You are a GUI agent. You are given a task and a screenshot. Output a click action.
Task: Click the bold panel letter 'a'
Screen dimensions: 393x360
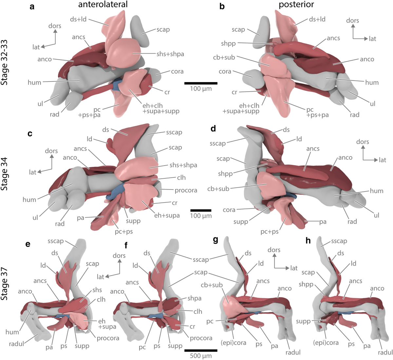click(x=32, y=7)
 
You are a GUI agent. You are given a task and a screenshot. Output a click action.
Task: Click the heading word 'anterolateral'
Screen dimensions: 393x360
click(x=103, y=5)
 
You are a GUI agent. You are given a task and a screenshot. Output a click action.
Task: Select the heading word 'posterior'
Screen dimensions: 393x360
click(x=296, y=5)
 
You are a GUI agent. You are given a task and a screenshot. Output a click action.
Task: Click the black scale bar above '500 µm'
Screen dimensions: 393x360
click(x=201, y=350)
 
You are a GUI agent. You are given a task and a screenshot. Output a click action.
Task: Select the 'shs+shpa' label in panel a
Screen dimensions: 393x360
click(x=170, y=54)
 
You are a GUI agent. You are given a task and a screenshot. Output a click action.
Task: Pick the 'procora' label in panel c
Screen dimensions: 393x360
click(x=186, y=190)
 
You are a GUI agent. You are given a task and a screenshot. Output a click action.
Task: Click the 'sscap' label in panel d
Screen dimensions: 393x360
click(x=217, y=143)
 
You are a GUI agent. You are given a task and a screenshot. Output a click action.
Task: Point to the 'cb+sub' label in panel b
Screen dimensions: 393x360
click(x=224, y=57)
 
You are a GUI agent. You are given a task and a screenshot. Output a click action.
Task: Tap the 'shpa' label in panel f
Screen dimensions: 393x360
click(x=195, y=298)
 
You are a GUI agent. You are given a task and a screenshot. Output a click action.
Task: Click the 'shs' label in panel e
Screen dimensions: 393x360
click(x=97, y=290)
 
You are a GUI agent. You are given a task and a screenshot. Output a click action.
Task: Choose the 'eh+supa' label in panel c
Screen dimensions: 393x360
click(x=167, y=215)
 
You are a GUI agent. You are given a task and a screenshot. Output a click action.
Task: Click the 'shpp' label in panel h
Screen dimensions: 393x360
click(x=306, y=284)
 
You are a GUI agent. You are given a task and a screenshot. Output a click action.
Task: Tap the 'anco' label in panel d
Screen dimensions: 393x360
click(x=345, y=157)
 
